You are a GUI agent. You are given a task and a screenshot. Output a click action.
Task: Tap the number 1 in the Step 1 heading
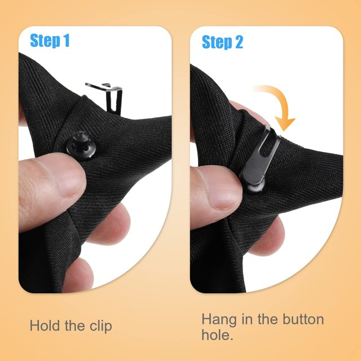(x=66, y=40)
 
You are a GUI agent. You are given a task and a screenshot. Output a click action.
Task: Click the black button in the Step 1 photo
(x=81, y=146)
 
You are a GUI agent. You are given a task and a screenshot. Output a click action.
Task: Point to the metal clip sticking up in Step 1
(x=108, y=96)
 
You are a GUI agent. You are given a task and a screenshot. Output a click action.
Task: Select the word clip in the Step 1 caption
(x=101, y=327)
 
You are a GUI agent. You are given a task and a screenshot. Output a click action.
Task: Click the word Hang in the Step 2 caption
(x=219, y=320)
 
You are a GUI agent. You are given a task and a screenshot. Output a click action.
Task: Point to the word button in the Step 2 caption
(x=303, y=319)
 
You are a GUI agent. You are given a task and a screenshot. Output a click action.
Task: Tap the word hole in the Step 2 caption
(x=217, y=334)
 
